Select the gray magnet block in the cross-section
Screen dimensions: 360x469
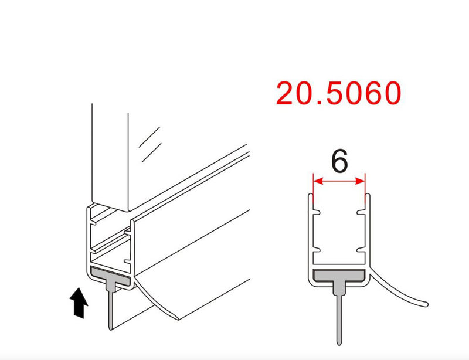click(x=339, y=276)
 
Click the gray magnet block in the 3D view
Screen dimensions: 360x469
click(x=112, y=275)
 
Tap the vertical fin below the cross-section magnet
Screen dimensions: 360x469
click(x=339, y=317)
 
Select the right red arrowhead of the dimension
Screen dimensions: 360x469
click(x=362, y=181)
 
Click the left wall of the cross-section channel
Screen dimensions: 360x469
click(x=309, y=235)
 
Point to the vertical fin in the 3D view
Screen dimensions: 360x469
click(x=110, y=311)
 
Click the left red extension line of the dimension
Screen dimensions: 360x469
click(x=314, y=188)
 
